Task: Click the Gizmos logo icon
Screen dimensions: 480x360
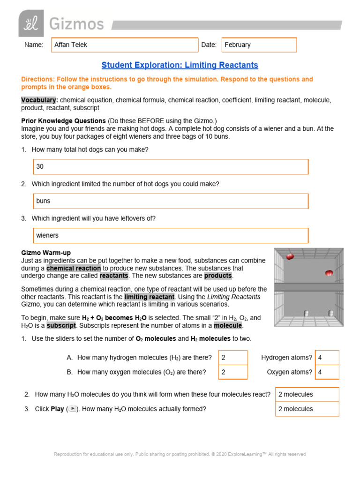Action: click(31, 23)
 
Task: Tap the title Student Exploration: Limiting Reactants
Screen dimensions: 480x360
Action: click(180, 65)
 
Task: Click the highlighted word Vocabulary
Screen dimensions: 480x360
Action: click(39, 100)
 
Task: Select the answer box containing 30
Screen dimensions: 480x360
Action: click(171, 166)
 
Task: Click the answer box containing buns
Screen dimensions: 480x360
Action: click(171, 201)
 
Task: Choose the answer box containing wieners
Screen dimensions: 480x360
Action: click(171, 235)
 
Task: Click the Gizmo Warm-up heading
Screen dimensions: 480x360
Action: click(46, 253)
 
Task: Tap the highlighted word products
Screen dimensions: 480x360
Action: click(218, 276)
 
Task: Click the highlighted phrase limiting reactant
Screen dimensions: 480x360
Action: click(149, 297)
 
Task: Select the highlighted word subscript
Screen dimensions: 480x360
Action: click(61, 325)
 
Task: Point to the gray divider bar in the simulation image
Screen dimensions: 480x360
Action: click(309, 287)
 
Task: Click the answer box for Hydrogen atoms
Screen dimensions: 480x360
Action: click(327, 358)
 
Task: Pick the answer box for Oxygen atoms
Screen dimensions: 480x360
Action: click(327, 372)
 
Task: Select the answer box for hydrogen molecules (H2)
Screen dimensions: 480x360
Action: click(233, 358)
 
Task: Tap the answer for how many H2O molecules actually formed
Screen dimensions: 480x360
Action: click(307, 409)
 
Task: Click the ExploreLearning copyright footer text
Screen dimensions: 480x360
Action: click(180, 454)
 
